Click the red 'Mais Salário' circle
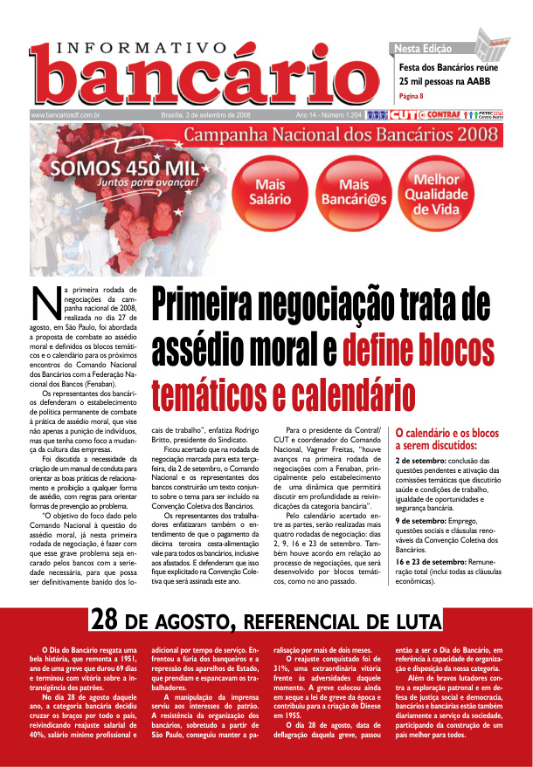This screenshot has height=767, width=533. point(270,191)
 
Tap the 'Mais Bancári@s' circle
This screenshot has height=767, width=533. point(354,192)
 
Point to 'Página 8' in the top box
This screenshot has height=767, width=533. point(412,96)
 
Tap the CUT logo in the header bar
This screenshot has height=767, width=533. point(403,114)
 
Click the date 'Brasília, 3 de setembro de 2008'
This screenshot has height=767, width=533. point(206,114)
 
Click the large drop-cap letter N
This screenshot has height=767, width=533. point(44,306)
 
